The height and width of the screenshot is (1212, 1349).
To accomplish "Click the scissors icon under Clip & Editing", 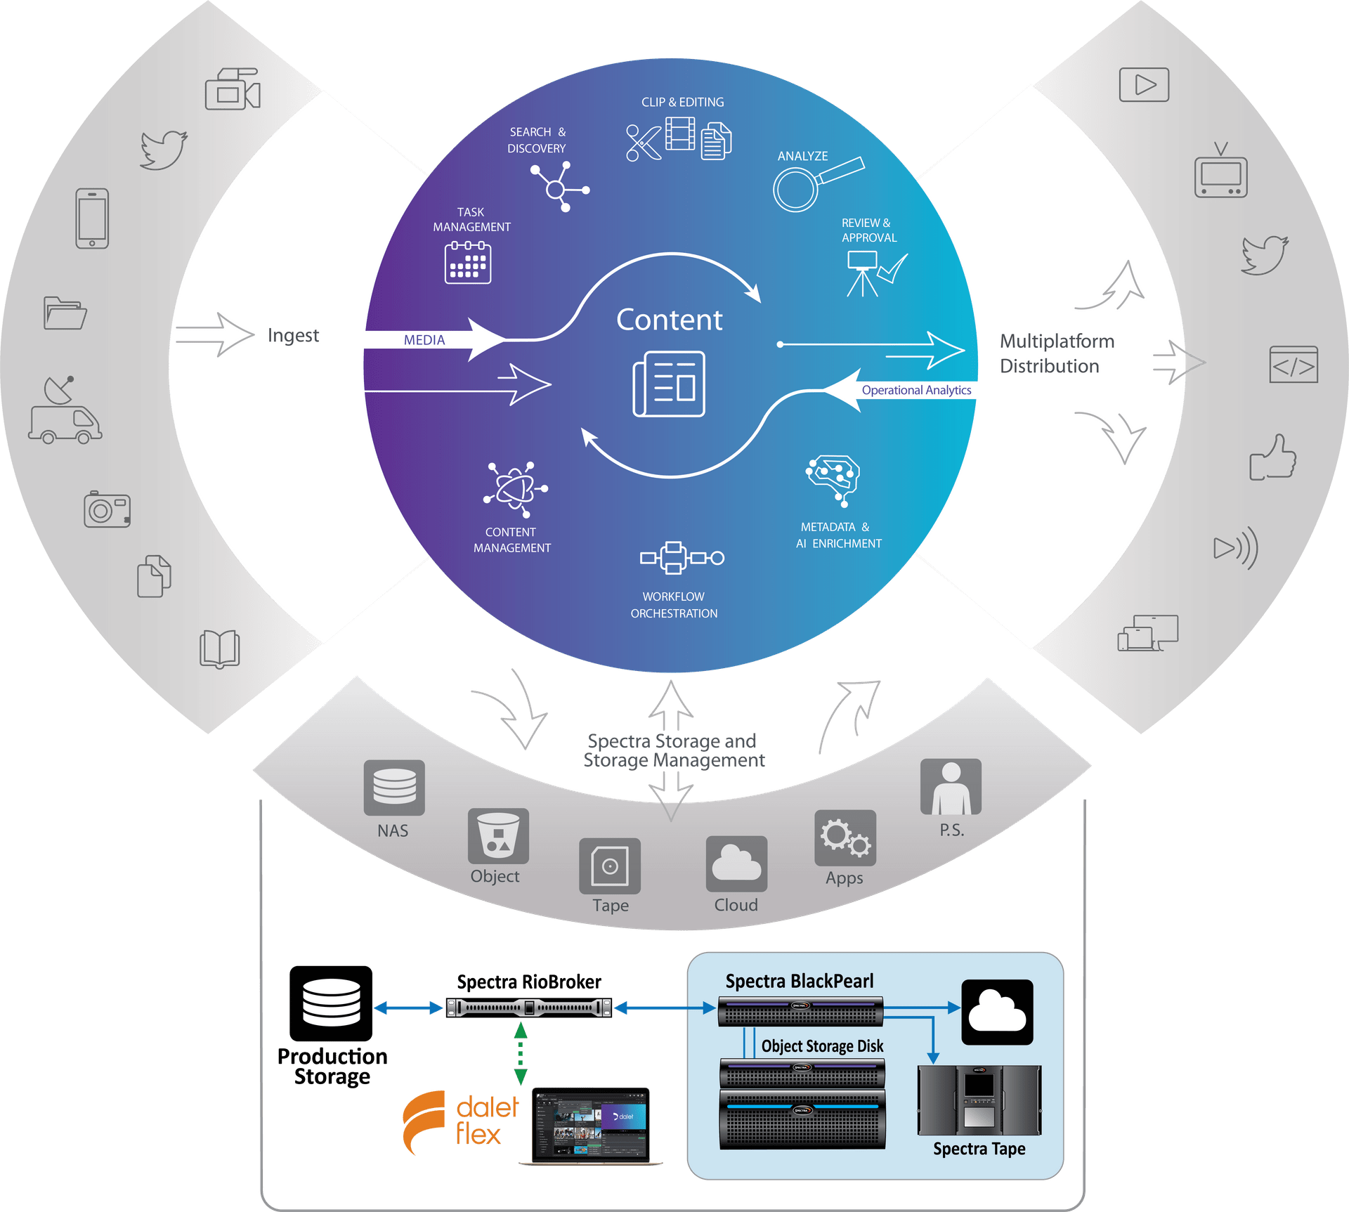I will (643, 143).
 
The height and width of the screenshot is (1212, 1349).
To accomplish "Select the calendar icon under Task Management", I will (468, 263).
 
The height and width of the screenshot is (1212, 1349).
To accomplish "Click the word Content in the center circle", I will (669, 320).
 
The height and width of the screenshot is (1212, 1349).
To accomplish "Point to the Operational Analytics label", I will (916, 390).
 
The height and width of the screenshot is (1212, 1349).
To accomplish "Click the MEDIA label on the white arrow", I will (424, 340).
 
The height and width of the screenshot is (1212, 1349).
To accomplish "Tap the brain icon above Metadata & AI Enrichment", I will (834, 478).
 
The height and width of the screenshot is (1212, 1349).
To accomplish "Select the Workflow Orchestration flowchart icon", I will (681, 559).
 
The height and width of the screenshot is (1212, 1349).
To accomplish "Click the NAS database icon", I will (394, 788).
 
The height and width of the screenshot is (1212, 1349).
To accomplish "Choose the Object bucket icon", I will (498, 836).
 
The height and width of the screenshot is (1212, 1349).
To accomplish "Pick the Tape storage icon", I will (610, 866).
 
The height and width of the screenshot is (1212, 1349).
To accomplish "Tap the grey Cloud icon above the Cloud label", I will (736, 864).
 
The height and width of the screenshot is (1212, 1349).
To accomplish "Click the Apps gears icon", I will (845, 838).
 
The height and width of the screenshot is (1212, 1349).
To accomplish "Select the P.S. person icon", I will (951, 787).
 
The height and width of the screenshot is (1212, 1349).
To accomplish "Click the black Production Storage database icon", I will (331, 1003).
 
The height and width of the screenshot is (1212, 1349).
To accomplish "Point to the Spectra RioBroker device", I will (529, 1008).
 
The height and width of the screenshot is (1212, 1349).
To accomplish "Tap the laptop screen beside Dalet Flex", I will (591, 1124).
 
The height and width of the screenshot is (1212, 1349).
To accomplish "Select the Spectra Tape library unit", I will (979, 1100).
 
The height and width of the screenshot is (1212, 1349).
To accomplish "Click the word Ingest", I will (293, 335).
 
